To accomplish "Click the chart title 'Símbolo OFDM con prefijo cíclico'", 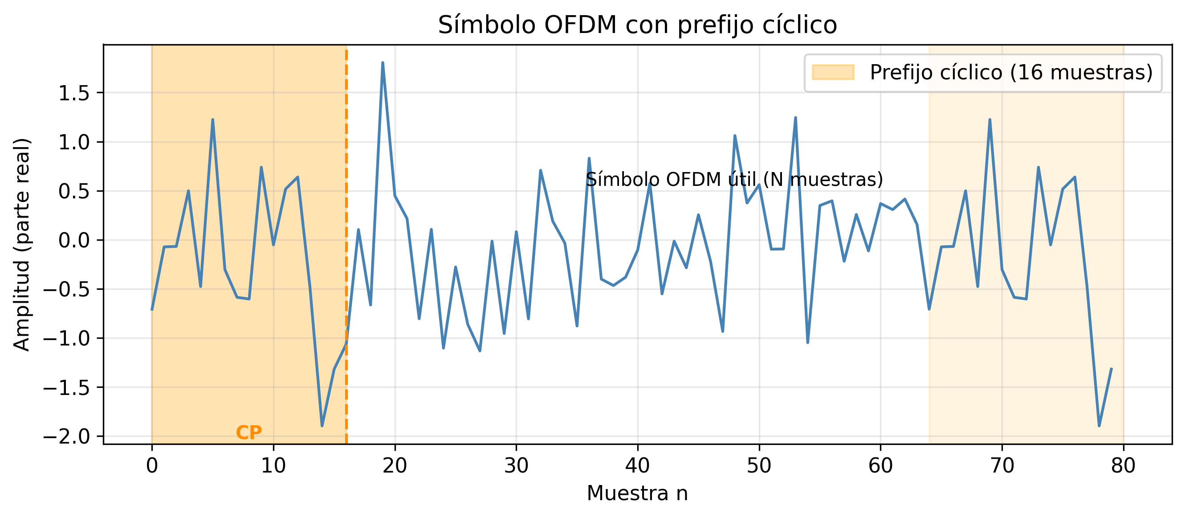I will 637,25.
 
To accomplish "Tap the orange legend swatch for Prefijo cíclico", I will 833,72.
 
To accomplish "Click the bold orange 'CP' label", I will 249,432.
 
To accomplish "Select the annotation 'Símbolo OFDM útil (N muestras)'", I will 734,179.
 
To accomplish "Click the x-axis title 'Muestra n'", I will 637,493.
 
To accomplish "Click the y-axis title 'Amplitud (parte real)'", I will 22,244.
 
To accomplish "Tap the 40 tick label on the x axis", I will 637,465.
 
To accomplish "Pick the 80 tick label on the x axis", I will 1123,465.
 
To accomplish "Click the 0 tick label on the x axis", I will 152,465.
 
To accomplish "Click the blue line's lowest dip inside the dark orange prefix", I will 322,425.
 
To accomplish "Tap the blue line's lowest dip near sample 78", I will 1099,425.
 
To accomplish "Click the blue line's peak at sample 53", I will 795,117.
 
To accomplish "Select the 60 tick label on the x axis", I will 880,465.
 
